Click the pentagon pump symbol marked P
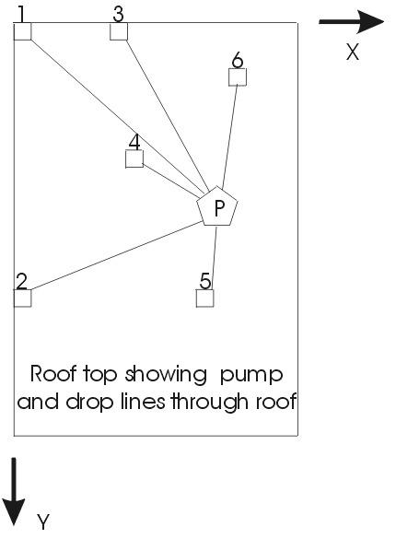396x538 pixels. click(218, 208)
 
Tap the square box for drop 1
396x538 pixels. click(23, 32)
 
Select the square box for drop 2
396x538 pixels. click(23, 298)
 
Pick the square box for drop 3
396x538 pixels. click(119, 32)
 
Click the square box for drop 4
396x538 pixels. click(134, 158)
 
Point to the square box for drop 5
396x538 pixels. click(205, 298)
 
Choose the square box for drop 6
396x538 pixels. click(238, 77)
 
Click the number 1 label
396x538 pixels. click(21, 13)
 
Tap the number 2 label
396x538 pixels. click(21, 280)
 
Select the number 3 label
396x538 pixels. click(118, 13)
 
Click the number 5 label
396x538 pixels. click(205, 280)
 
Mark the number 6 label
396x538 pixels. click(238, 60)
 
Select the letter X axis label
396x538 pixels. click(352, 52)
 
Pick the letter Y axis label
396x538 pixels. click(43, 523)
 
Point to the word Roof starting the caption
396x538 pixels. click(51, 374)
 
